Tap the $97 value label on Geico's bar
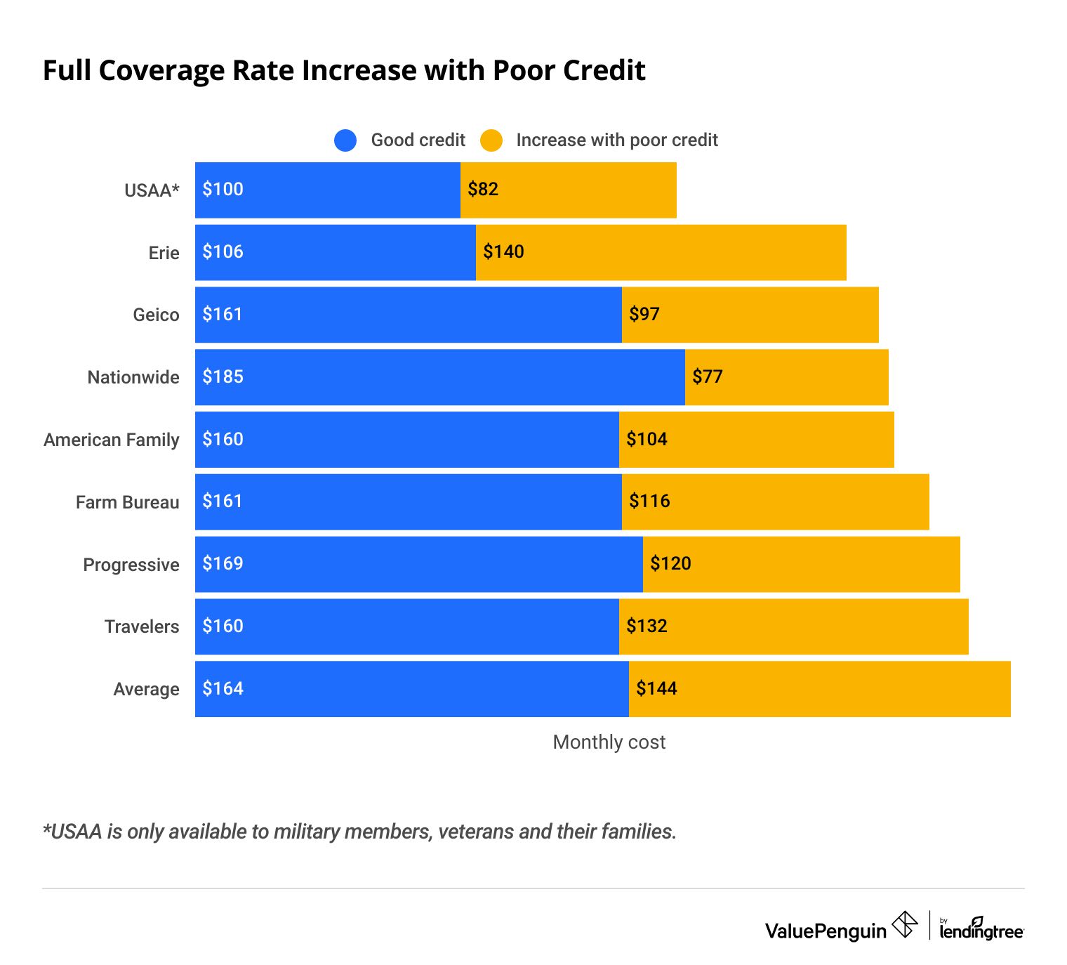coord(644,314)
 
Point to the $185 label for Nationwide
coord(223,376)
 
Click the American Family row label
coord(112,440)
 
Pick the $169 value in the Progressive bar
coord(223,563)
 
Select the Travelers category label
coord(142,626)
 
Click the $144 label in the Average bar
coord(656,688)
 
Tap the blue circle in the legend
coord(345,140)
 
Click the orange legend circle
coord(491,140)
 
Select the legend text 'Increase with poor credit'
coord(617,140)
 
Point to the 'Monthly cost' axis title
coord(609,742)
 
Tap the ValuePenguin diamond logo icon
coord(904,924)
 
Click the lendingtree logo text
coord(981,931)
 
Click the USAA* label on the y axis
coord(152,190)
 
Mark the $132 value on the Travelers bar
coord(647,626)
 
